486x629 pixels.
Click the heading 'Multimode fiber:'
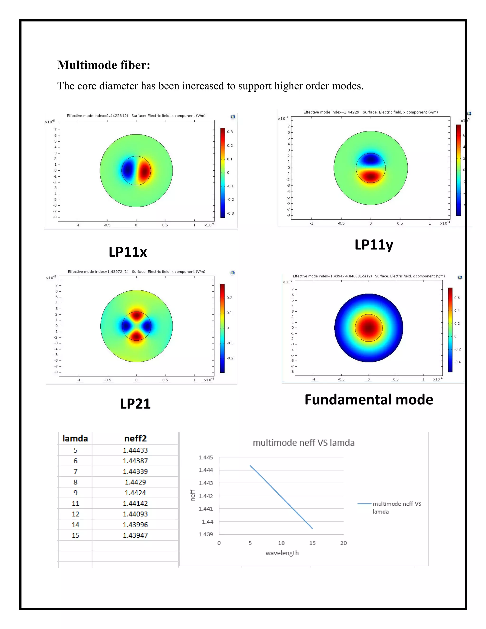point(104,65)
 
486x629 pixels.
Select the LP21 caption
point(135,404)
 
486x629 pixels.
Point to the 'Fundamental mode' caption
point(369,400)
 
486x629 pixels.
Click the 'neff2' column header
point(135,438)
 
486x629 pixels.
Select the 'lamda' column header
point(75,438)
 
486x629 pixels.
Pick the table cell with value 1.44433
point(135,450)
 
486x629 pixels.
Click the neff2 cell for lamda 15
point(135,535)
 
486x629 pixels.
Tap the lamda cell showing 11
point(75,503)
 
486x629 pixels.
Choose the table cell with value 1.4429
point(135,482)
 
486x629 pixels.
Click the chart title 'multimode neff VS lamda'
point(304,443)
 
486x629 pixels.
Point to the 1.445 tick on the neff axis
point(206,457)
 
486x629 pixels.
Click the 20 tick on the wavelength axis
point(343,543)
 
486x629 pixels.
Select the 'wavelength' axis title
point(282,553)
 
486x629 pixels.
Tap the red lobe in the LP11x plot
point(144,171)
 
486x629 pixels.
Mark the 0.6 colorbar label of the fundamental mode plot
point(457,298)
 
